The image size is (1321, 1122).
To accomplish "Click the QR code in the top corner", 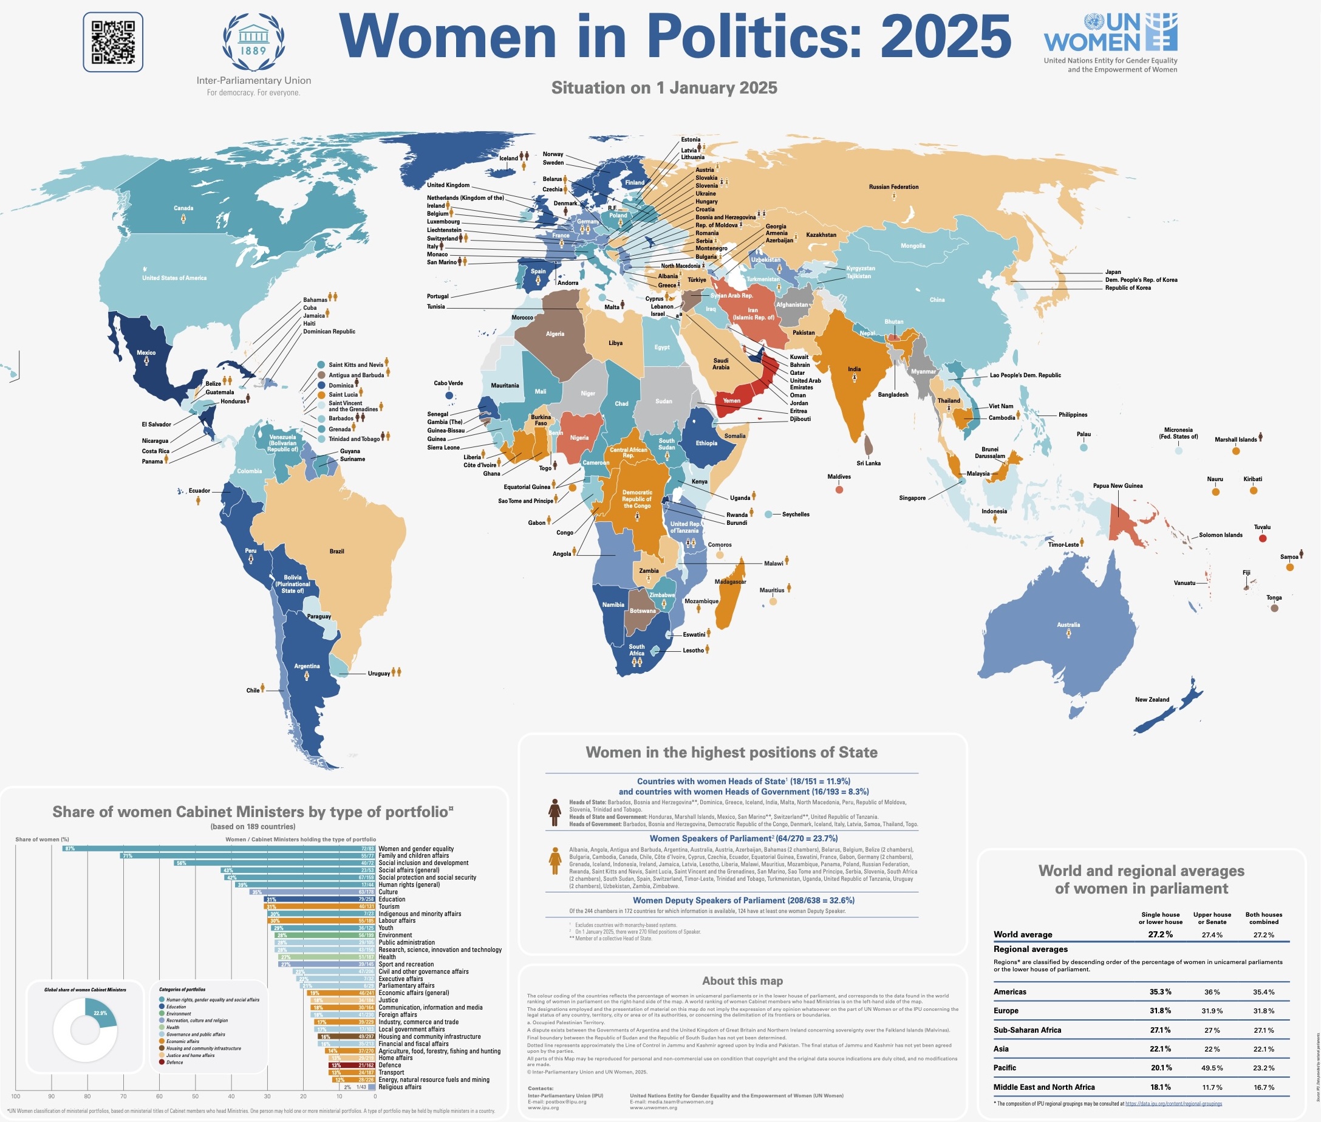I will pyautogui.click(x=112, y=42).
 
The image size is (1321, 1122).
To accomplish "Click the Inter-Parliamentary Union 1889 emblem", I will pyautogui.click(x=253, y=43).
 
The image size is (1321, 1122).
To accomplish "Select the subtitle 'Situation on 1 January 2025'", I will pyautogui.click(x=664, y=87).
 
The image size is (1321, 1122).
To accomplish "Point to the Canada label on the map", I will pyautogui.click(x=183, y=208).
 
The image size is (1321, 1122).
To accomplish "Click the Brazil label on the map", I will pyautogui.click(x=336, y=552).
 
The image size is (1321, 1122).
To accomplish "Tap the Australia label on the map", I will pyautogui.click(x=1068, y=624).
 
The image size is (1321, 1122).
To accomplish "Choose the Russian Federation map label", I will pyautogui.click(x=893, y=187).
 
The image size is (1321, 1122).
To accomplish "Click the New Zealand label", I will pyautogui.click(x=1152, y=700).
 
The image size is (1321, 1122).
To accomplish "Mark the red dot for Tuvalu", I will pyautogui.click(x=1263, y=538).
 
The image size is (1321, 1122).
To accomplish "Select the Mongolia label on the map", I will pyautogui.click(x=913, y=246).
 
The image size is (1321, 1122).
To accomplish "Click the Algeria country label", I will pyautogui.click(x=555, y=334).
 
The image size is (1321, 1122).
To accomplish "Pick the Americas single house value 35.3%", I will pyautogui.click(x=1160, y=991).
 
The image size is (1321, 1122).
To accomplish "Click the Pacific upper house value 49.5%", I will pyautogui.click(x=1212, y=1068).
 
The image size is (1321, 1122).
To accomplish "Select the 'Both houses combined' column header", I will pyautogui.click(x=1263, y=918).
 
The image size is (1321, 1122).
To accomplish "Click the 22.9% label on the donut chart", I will pyautogui.click(x=100, y=1013).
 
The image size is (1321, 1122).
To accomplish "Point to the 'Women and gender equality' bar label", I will pyautogui.click(x=416, y=849).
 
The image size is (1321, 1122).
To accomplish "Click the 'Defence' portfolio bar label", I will pyautogui.click(x=389, y=1065).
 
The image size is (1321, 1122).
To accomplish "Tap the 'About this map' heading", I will pyautogui.click(x=742, y=981).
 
